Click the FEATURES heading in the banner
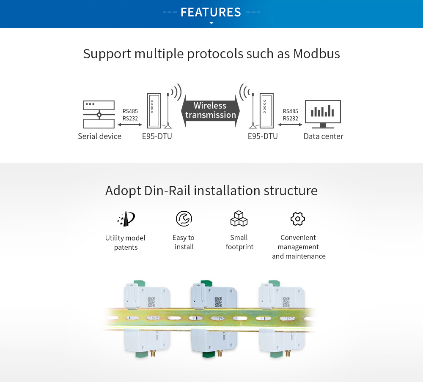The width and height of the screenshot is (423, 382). pyautogui.click(x=211, y=12)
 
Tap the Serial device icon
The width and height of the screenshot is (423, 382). pyautogui.click(x=99, y=115)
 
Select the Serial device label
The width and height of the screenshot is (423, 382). pyautogui.click(x=99, y=136)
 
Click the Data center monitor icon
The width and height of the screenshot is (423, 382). pyautogui.click(x=323, y=114)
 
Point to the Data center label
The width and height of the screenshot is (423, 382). pyautogui.click(x=323, y=136)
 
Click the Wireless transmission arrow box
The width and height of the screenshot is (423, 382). pyautogui.click(x=211, y=111)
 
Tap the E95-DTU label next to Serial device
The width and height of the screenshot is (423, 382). pyautogui.click(x=157, y=136)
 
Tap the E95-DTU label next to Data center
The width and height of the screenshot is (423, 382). pyautogui.click(x=263, y=136)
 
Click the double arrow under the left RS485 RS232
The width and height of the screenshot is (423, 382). pyautogui.click(x=130, y=125)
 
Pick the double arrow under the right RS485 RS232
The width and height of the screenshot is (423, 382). pyautogui.click(x=291, y=125)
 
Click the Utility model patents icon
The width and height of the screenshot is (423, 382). pyautogui.click(x=126, y=218)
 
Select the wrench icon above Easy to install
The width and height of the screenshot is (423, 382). pyautogui.click(x=184, y=218)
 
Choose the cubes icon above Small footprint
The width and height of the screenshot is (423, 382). pyautogui.click(x=239, y=218)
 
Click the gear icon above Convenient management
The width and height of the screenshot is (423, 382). pyautogui.click(x=298, y=218)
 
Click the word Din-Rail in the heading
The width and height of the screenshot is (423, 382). pyautogui.click(x=168, y=191)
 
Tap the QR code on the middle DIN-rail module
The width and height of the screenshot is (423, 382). pyautogui.click(x=218, y=302)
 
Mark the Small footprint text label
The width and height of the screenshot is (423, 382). pyautogui.click(x=239, y=242)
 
